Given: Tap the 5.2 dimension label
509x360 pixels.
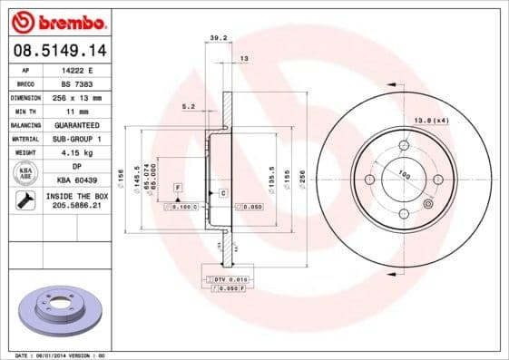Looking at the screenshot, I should pos(189,106).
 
